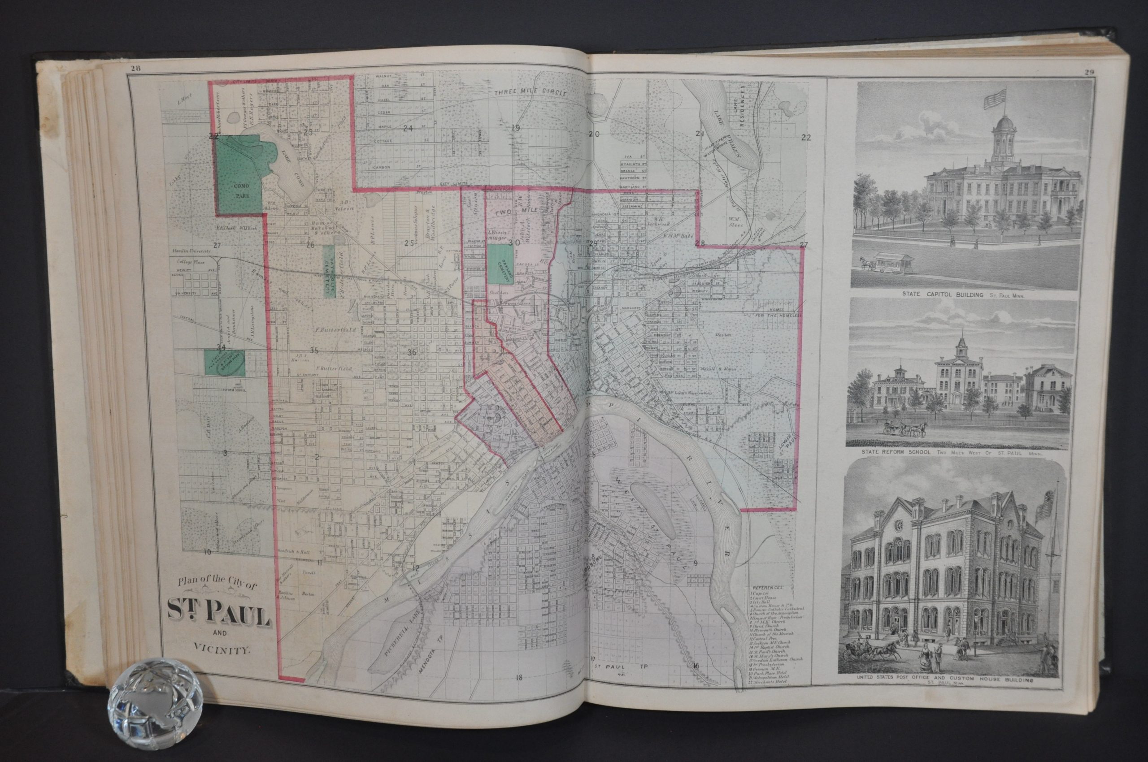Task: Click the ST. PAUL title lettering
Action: (219, 623)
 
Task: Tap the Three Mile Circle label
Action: (531, 93)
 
